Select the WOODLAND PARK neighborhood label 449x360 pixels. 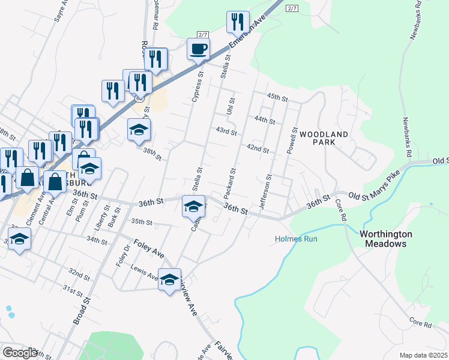point(324,138)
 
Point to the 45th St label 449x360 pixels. point(278,97)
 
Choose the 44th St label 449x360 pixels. point(264,120)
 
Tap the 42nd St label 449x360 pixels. point(257,149)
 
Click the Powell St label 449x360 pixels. point(292,140)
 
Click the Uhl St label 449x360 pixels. point(229,103)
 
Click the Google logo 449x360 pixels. point(19,353)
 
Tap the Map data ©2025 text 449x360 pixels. point(423,355)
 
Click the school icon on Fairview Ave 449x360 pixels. point(169,279)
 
